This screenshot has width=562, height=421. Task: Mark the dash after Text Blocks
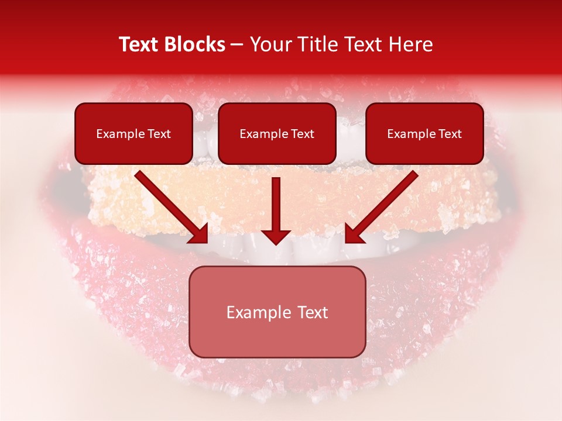pyautogui.click(x=237, y=45)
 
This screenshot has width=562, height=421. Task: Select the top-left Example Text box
pyautogui.click(x=133, y=133)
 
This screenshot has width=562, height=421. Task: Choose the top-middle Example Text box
pyautogui.click(x=277, y=133)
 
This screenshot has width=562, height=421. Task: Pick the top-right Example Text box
pyautogui.click(x=424, y=133)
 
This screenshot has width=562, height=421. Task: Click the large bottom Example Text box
pyautogui.click(x=277, y=312)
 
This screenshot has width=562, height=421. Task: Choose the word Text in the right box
pyautogui.click(x=450, y=134)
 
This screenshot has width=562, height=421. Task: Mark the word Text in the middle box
pyautogui.click(x=302, y=134)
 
